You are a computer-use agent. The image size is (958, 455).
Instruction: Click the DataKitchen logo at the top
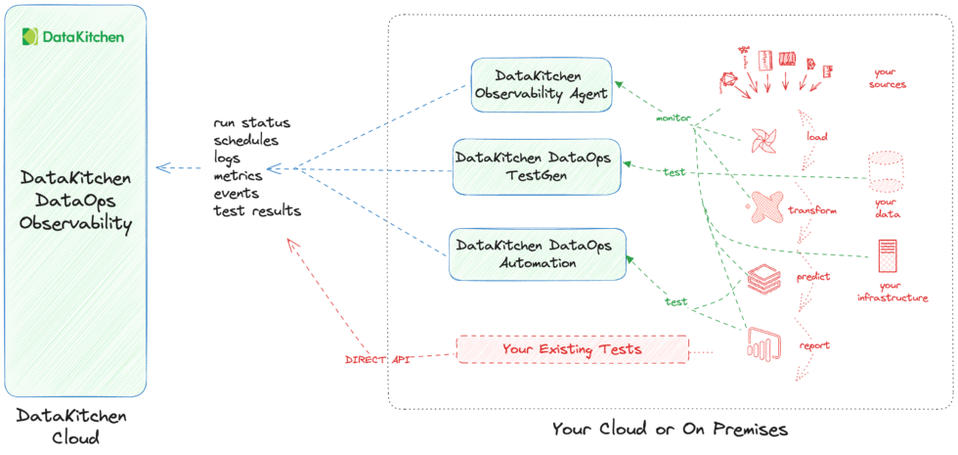pyautogui.click(x=74, y=37)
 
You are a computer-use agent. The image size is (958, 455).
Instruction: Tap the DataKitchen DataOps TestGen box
pyautogui.click(x=538, y=164)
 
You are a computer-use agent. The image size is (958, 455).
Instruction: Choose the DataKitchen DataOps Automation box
pyautogui.click(x=538, y=253)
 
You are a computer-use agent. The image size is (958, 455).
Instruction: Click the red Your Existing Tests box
pyautogui.click(x=572, y=349)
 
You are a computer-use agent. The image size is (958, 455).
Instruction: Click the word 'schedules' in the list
pyautogui.click(x=245, y=141)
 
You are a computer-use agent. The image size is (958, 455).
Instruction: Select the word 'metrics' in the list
pyautogui.click(x=238, y=176)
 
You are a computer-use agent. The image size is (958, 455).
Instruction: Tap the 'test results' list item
pyautogui.click(x=256, y=211)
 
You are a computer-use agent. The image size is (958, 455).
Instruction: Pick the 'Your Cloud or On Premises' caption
pyautogui.click(x=670, y=429)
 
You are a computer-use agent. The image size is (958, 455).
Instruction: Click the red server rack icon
pyautogui.click(x=888, y=259)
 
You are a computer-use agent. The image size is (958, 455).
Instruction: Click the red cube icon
pyautogui.click(x=761, y=280)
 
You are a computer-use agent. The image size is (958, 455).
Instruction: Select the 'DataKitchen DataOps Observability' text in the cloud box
pyautogui.click(x=75, y=202)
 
